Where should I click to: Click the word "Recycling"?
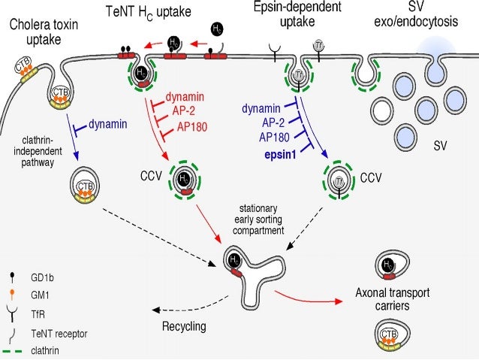tap(183, 327)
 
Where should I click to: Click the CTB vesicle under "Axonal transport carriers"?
tap(388, 336)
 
